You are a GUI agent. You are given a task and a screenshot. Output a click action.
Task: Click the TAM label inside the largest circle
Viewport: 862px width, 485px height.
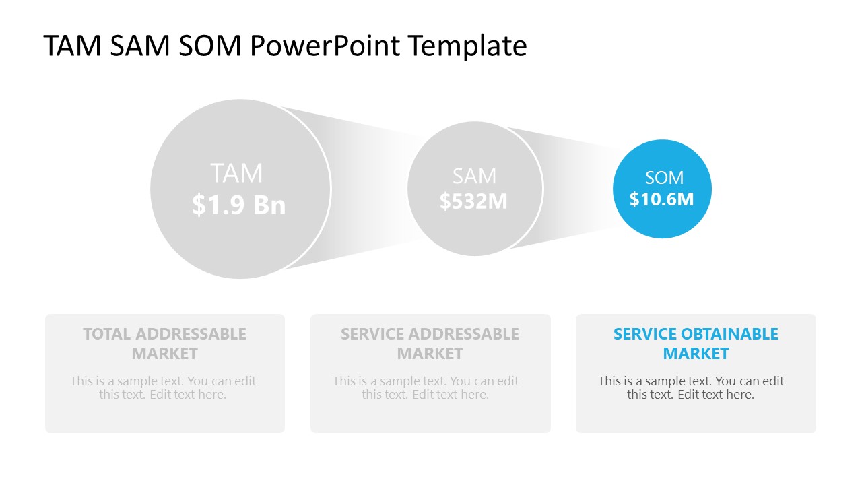pos(236,174)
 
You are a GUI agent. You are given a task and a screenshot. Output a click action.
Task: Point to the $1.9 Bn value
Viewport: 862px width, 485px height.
pos(239,204)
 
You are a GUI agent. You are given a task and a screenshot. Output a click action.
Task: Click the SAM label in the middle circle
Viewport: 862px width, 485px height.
pos(474,176)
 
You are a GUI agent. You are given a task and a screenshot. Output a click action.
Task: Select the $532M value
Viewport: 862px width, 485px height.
pos(474,201)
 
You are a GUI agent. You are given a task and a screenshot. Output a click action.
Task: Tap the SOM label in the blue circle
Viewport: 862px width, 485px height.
pos(664,178)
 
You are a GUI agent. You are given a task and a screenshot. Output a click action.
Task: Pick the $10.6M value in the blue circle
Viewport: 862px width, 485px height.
pos(661,199)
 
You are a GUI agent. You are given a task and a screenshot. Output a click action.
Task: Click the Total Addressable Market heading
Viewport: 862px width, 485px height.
pos(165,344)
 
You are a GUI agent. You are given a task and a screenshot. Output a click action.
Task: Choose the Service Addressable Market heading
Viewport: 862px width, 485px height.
pos(430,344)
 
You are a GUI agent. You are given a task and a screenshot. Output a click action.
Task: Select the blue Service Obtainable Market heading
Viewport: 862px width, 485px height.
pos(696,344)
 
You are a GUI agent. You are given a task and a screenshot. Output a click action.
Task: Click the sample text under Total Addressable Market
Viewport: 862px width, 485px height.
pos(163,388)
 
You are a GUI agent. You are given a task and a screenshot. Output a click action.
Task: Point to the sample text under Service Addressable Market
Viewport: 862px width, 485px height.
pos(426,388)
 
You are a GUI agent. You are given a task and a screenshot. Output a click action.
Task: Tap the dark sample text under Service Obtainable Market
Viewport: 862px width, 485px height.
pos(691,388)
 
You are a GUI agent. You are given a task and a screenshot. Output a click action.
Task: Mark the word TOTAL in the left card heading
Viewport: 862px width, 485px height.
pos(107,334)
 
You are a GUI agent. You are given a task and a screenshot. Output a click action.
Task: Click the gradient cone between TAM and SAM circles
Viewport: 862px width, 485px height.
pos(370,189)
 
